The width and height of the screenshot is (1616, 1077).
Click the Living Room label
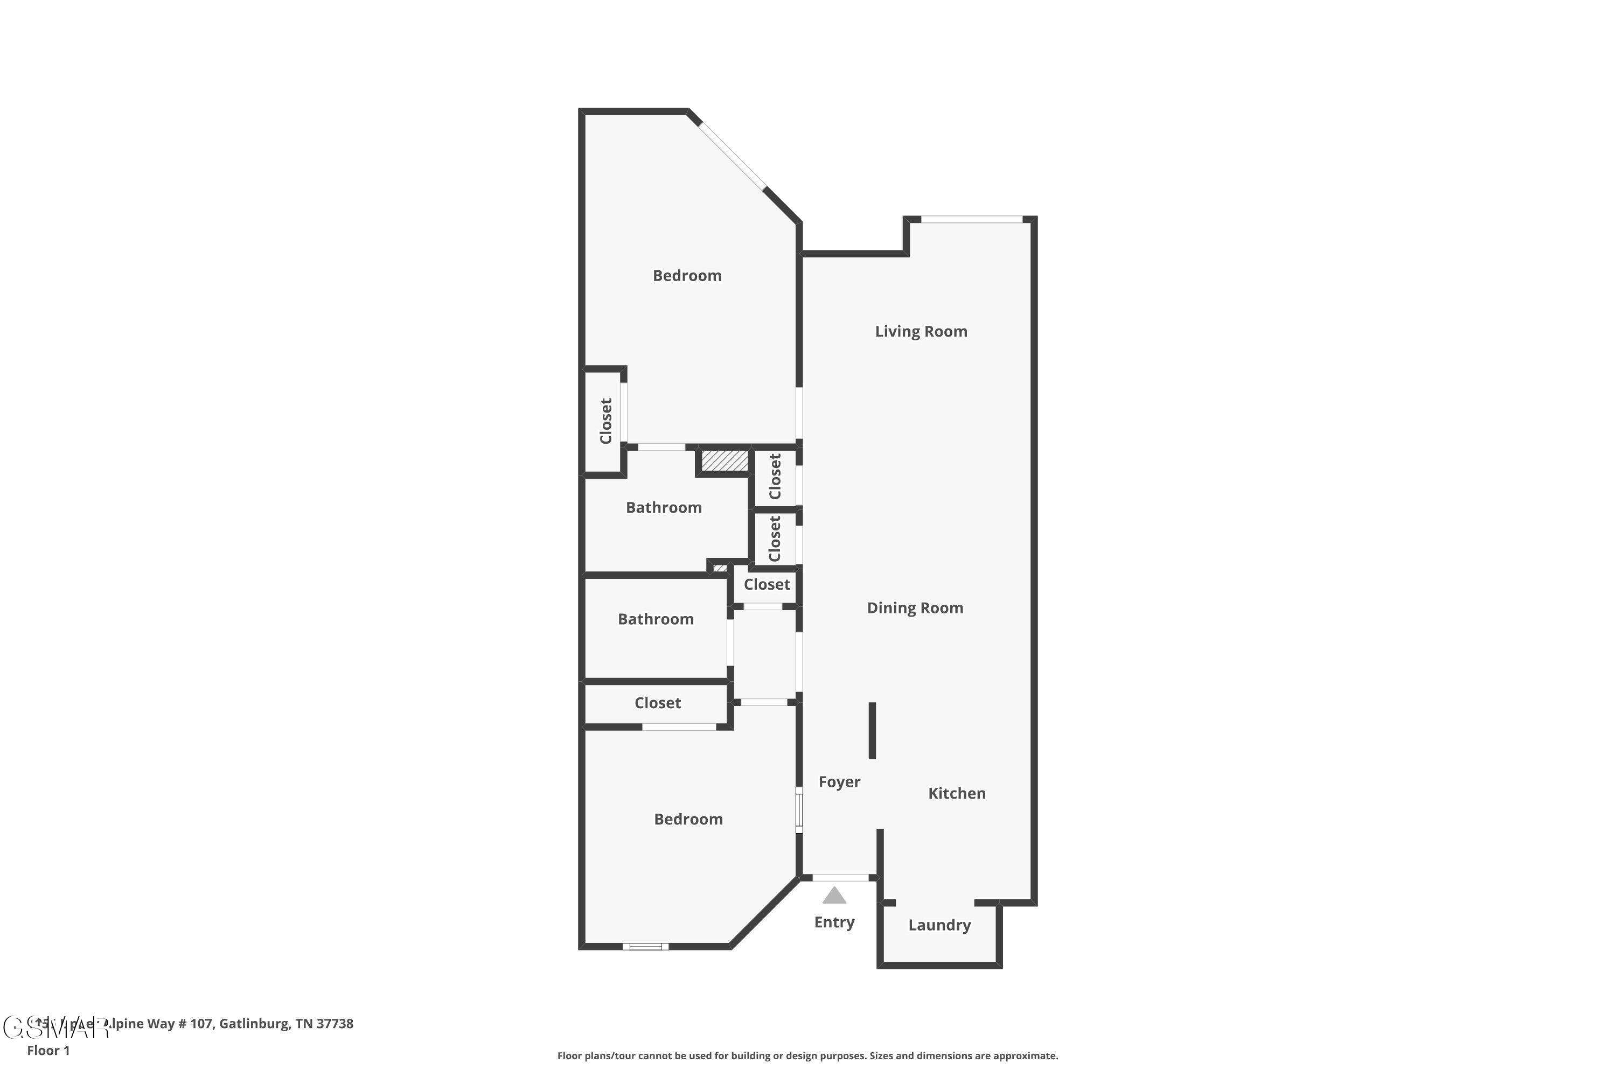[921, 332]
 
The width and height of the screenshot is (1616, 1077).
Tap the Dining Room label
[915, 608]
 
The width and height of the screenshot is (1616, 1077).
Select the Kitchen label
[957, 793]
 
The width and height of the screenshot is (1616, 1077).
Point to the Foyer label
[839, 782]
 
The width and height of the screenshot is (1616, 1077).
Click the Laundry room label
[939, 925]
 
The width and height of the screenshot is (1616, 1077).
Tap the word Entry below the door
[834, 922]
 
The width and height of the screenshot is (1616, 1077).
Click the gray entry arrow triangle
[834, 896]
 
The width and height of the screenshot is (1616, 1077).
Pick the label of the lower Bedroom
[688, 820]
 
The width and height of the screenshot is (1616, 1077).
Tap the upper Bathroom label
[664, 508]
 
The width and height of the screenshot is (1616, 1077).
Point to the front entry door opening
[840, 877]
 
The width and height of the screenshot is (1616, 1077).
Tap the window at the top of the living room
[972, 219]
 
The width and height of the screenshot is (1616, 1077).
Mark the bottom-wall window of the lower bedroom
[645, 947]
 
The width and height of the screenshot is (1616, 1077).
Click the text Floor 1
[48, 1050]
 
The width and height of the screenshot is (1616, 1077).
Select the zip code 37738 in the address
[335, 1024]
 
